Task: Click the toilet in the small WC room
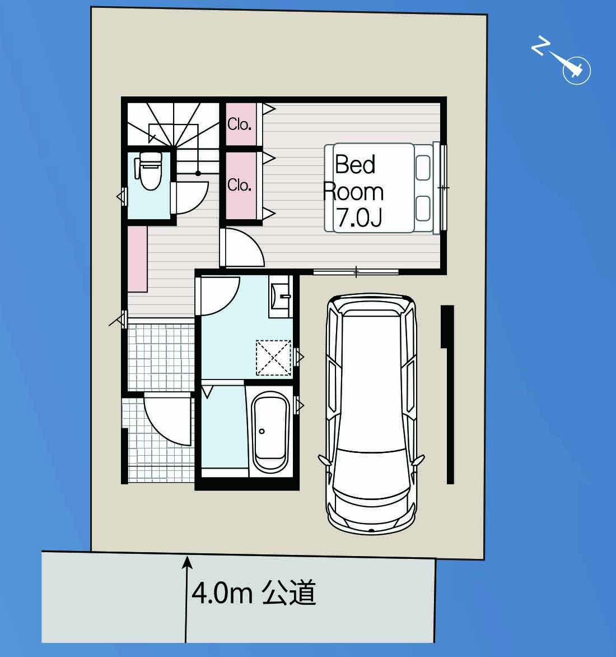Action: (148, 171)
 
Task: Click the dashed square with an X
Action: (273, 358)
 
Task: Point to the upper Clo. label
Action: (239, 124)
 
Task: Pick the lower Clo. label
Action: (239, 185)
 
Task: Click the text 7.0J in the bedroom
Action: (359, 218)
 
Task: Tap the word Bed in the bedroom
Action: (355, 164)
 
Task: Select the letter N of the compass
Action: (540, 45)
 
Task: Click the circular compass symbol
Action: (577, 71)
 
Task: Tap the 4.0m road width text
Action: (222, 593)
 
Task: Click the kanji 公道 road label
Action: (289, 593)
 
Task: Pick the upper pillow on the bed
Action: (423, 168)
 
